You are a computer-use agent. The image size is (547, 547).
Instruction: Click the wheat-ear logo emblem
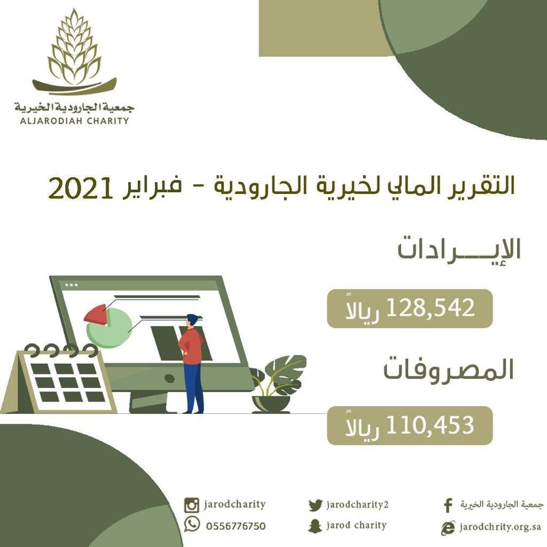[74, 52]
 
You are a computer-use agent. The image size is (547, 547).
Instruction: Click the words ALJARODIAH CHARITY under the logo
[75, 121]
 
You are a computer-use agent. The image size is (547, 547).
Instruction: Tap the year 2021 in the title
[81, 188]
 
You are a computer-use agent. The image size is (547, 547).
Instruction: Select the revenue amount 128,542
[430, 308]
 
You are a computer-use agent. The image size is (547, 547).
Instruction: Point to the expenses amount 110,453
[430, 425]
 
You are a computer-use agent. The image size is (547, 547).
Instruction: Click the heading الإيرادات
[459, 249]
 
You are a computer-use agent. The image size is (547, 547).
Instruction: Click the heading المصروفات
[449, 370]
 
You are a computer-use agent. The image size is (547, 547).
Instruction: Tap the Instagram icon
[192, 505]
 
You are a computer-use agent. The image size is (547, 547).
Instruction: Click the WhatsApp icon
[192, 525]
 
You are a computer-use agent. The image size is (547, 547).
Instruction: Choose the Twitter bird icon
[315, 505]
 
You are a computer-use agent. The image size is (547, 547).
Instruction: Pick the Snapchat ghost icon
[315, 526]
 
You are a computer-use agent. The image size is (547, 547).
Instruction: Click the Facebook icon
[448, 505]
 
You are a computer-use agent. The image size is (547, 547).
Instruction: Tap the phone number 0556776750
[236, 526]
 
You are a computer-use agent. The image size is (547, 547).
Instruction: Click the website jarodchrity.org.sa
[500, 527]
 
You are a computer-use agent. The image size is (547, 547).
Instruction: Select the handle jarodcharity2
[357, 505]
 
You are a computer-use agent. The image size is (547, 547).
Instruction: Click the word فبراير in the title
[152, 187]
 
